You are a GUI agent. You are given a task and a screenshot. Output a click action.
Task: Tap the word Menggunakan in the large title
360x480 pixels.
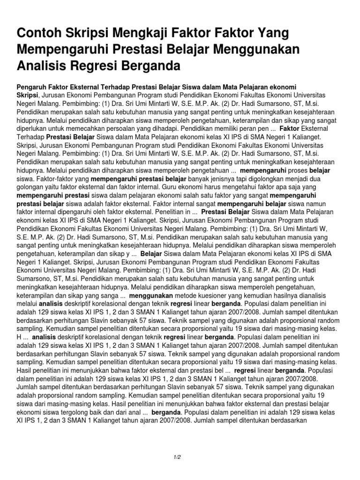[x=252, y=49]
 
